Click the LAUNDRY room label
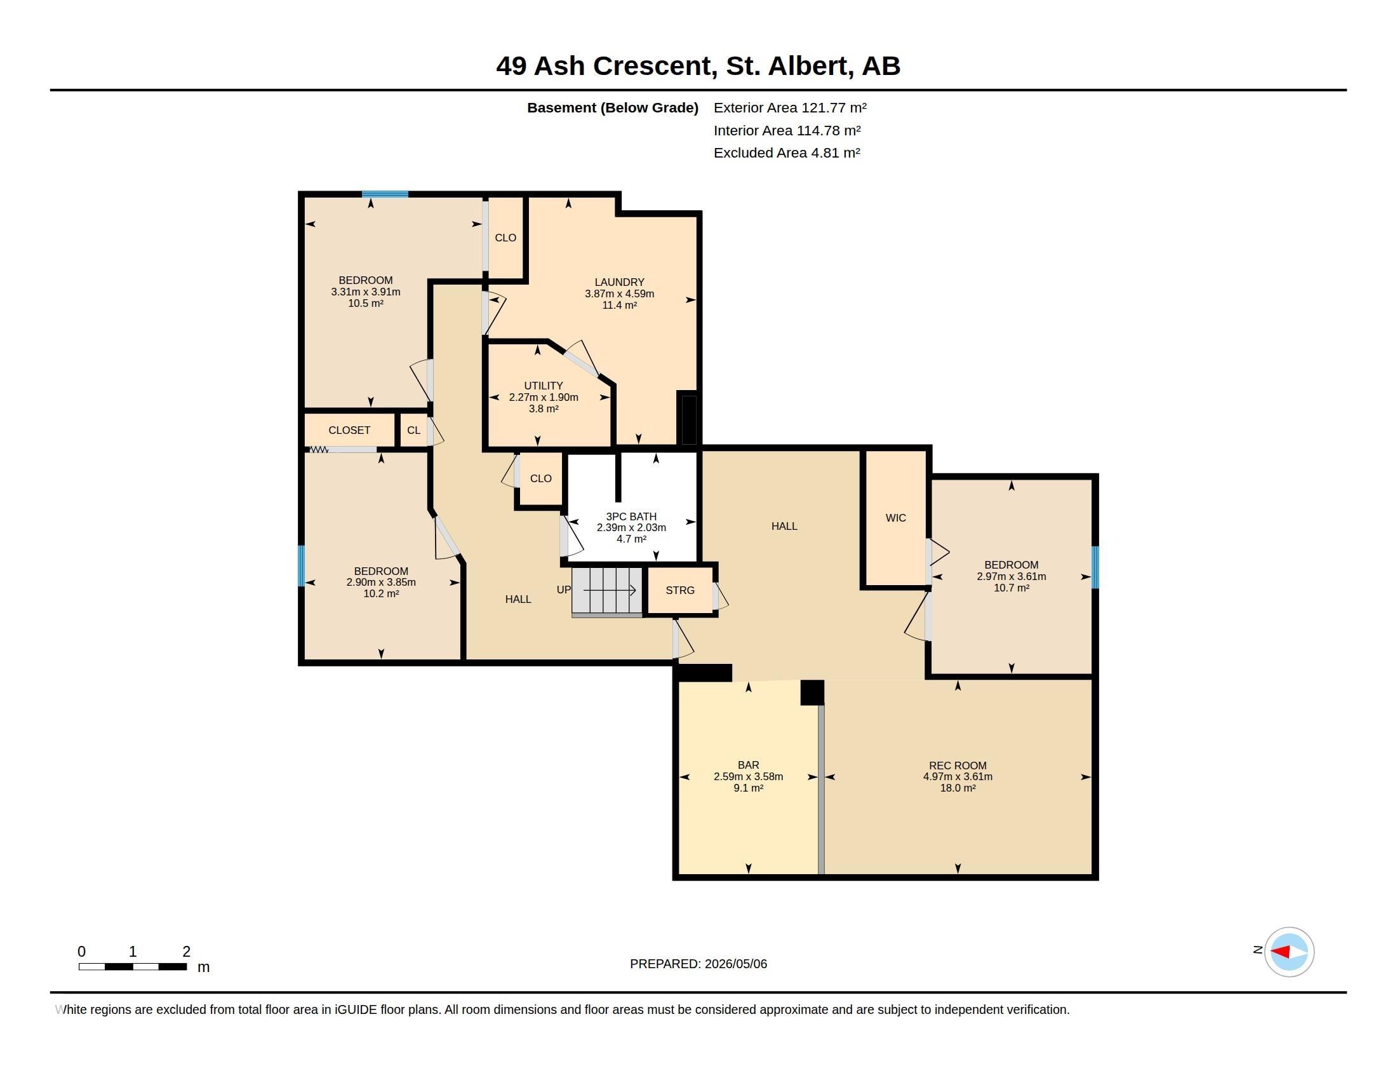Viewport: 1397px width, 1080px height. coord(619,282)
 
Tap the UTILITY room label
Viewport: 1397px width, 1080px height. coord(544,386)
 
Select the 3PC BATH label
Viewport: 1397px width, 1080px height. coord(631,516)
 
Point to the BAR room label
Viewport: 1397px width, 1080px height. coord(749,766)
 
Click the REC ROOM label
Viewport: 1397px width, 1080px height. coord(958,766)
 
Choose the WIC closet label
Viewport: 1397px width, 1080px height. coord(895,518)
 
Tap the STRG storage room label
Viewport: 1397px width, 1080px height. coord(680,590)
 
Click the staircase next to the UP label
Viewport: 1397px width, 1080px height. coord(607,591)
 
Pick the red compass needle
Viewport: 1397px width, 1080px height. coord(1280,952)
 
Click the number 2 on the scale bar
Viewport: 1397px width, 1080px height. coord(186,952)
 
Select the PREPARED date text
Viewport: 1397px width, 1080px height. coord(698,964)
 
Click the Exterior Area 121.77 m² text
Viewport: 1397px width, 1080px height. coord(790,107)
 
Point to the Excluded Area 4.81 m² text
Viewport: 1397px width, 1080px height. coord(787,152)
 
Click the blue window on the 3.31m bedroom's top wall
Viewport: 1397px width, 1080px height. coord(385,194)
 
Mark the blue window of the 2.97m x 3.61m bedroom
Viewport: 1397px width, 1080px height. coord(1095,567)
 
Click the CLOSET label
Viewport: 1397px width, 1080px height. coord(349,430)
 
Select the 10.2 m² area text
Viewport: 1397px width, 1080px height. coord(381,594)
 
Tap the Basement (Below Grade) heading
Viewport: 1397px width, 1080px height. coord(612,107)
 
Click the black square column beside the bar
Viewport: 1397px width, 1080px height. coord(812,693)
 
